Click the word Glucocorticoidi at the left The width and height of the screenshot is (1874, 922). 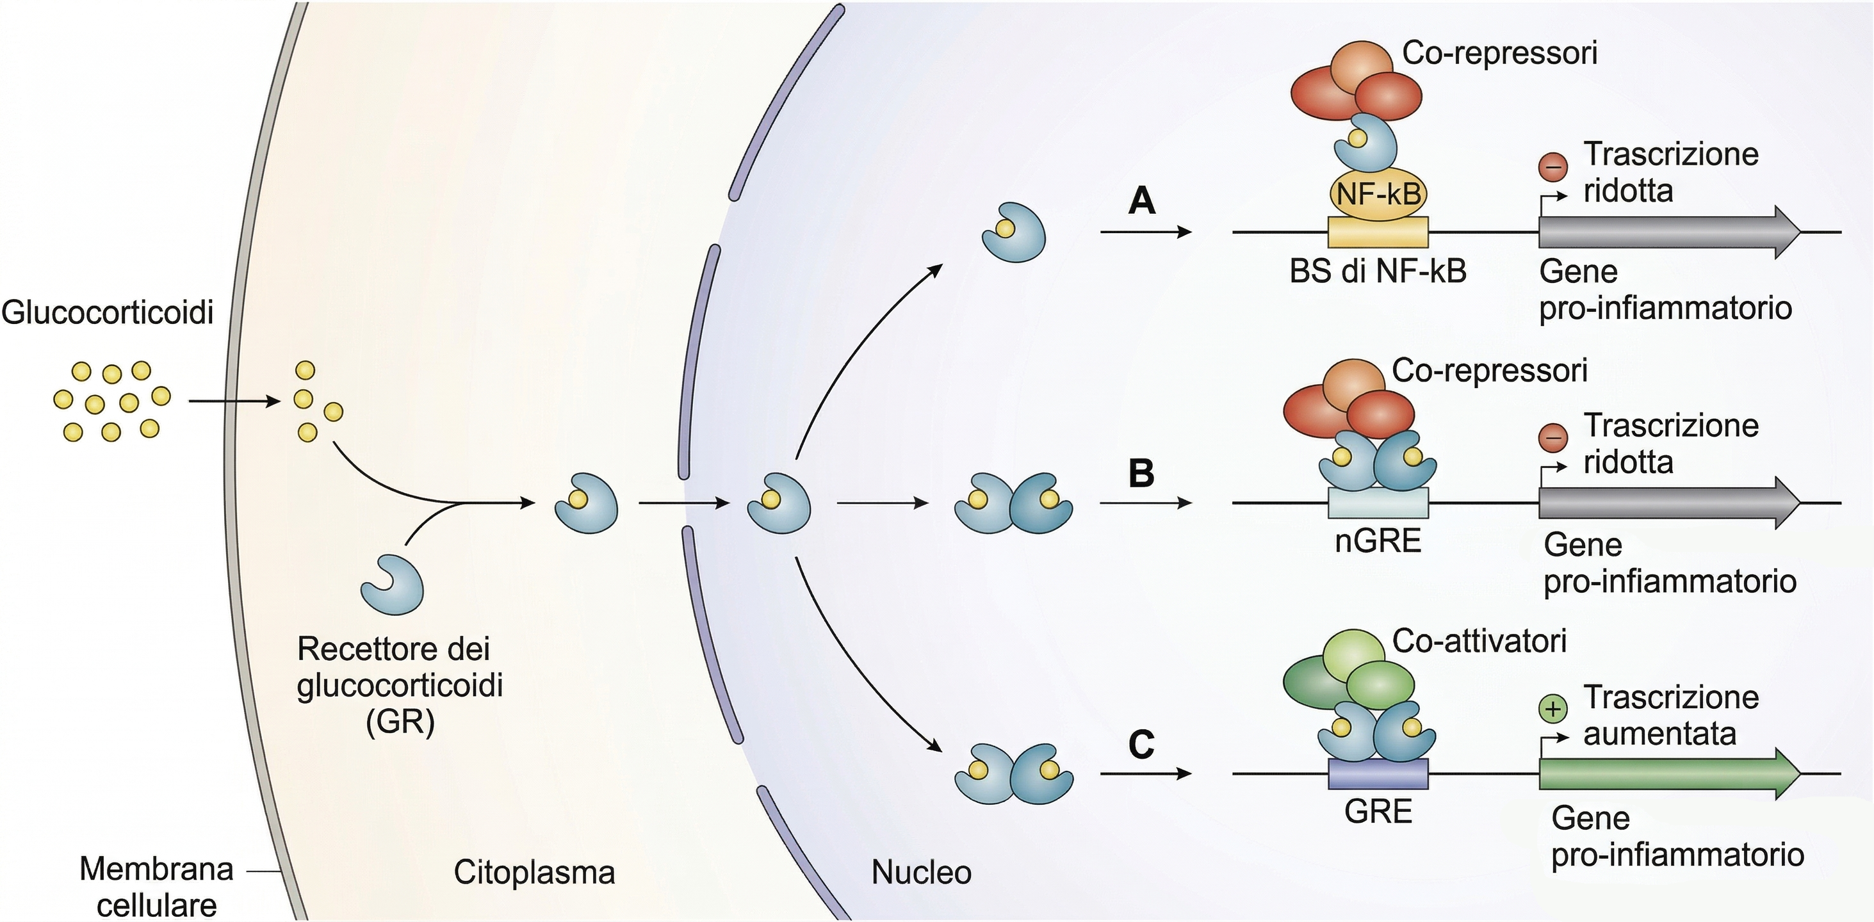tap(108, 312)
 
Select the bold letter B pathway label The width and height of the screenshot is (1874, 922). tap(1141, 473)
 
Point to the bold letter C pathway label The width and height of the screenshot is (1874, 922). tap(1141, 745)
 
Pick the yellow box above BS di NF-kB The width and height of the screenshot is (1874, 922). tap(1378, 232)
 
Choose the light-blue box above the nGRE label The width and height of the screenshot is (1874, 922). tap(1378, 503)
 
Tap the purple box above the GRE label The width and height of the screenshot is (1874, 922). tap(1378, 773)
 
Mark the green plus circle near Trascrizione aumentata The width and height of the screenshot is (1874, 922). tap(1552, 709)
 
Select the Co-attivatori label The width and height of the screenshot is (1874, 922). tap(1479, 642)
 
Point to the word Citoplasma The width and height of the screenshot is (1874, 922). tap(534, 873)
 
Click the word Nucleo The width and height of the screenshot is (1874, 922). tap(921, 873)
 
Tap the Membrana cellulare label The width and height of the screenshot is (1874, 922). tap(156, 887)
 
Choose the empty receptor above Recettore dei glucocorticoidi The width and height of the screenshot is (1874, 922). tap(392, 584)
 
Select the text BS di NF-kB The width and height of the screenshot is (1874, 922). tap(1378, 272)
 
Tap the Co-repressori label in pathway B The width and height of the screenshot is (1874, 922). tap(1489, 371)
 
